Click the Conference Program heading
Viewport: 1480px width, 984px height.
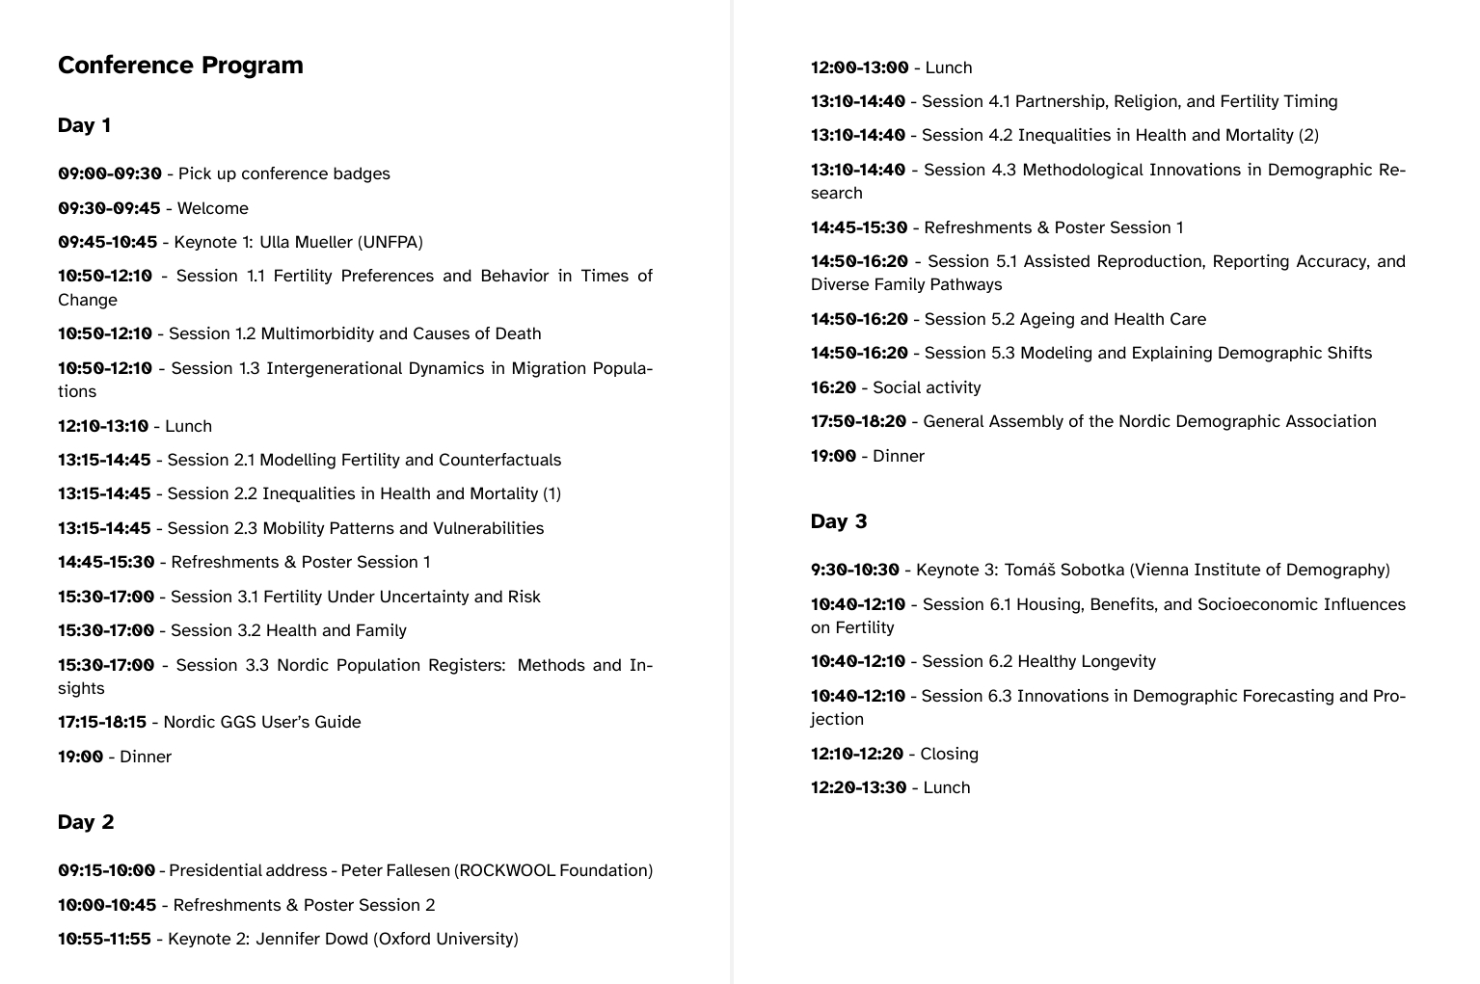pos(180,66)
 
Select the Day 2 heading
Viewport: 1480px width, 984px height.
pos(86,822)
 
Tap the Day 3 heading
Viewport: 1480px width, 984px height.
pos(839,521)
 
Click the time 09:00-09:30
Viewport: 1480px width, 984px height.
pos(110,174)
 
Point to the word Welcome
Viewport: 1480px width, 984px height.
pos(213,208)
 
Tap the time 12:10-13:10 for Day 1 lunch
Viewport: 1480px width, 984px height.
pos(103,426)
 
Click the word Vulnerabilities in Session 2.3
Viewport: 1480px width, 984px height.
pos(488,528)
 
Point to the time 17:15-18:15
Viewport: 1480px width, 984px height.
pos(102,722)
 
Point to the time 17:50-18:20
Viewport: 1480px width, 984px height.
pos(858,421)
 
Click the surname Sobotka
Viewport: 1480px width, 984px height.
pos(1090,570)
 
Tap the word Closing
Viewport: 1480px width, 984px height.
pos(949,754)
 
